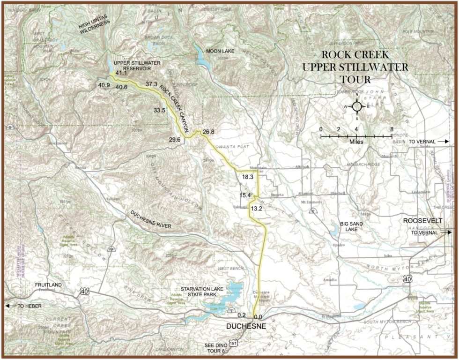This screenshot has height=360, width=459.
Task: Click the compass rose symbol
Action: pyautogui.click(x=357, y=106)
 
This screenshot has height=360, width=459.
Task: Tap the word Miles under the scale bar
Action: pyautogui.click(x=356, y=141)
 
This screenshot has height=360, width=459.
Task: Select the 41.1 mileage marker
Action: pyautogui.click(x=121, y=73)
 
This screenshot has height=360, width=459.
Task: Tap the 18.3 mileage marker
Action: pyautogui.click(x=248, y=177)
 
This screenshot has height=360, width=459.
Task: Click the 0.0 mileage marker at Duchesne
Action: pyautogui.click(x=258, y=317)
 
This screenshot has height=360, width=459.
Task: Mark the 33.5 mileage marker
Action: pyautogui.click(x=159, y=111)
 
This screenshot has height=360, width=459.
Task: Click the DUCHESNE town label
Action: pyautogui.click(x=246, y=326)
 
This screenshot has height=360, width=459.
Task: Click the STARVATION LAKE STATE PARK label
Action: pyautogui.click(x=204, y=292)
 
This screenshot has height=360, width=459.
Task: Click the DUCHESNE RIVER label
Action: pyautogui.click(x=151, y=219)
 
